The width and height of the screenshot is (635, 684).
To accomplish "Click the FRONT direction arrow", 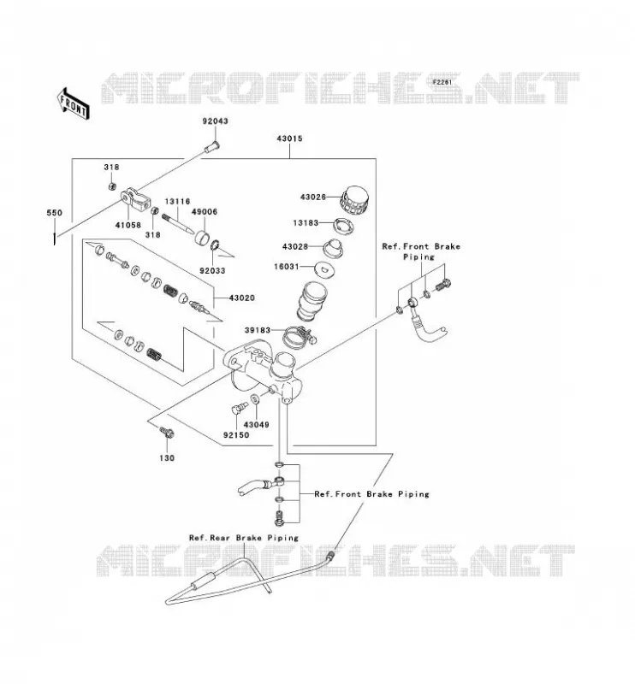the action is point(74,103).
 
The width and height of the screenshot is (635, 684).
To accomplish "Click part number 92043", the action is point(215,121).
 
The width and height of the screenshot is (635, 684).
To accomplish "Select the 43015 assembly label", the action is point(289,139).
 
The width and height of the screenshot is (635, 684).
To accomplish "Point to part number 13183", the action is point(306,223).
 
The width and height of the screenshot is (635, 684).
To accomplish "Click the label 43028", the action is point(295,246).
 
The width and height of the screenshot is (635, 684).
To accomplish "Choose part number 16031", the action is point(287,267).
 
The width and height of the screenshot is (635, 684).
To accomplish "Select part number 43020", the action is point(242,298).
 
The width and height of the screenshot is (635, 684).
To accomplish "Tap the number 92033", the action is point(213,271).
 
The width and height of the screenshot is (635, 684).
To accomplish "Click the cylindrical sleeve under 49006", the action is point(202,239).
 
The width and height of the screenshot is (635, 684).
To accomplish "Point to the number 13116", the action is point(177,202).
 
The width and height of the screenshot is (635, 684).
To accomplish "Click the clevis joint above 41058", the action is point(136,199).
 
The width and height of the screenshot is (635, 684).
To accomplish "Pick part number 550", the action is point(55,213).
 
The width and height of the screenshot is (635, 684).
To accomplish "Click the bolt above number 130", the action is point(167,433).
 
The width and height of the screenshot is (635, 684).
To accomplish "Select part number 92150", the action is point(236,435).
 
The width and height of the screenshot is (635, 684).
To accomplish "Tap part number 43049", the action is point(257,425).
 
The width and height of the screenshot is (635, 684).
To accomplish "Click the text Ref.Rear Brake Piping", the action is point(244,538).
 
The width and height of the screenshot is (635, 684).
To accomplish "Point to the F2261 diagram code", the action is point(442,82).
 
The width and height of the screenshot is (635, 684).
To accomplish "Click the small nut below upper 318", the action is point(112,186).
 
